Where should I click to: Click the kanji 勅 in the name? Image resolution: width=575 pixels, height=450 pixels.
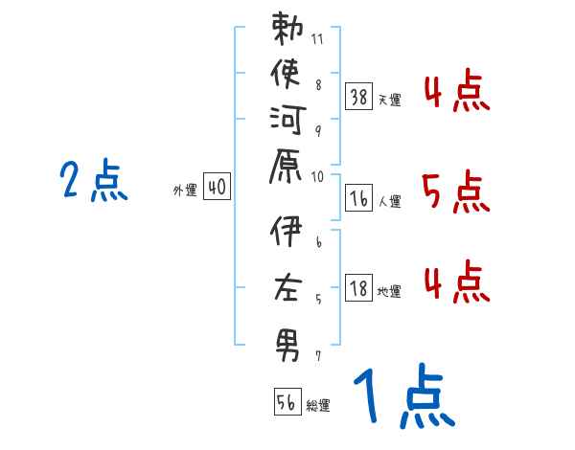(287, 32)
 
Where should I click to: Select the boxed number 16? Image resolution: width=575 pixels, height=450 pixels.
(358, 198)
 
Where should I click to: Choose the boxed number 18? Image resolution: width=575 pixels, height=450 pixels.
(358, 289)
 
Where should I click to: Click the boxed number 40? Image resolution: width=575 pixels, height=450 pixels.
(217, 189)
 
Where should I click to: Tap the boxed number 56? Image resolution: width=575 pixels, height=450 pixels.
(287, 403)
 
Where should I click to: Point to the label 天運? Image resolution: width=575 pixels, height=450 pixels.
(389, 98)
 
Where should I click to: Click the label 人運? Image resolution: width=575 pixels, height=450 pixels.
(389, 201)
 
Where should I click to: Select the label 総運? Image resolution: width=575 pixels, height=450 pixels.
(318, 406)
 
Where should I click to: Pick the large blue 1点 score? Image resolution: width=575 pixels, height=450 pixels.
(402, 398)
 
